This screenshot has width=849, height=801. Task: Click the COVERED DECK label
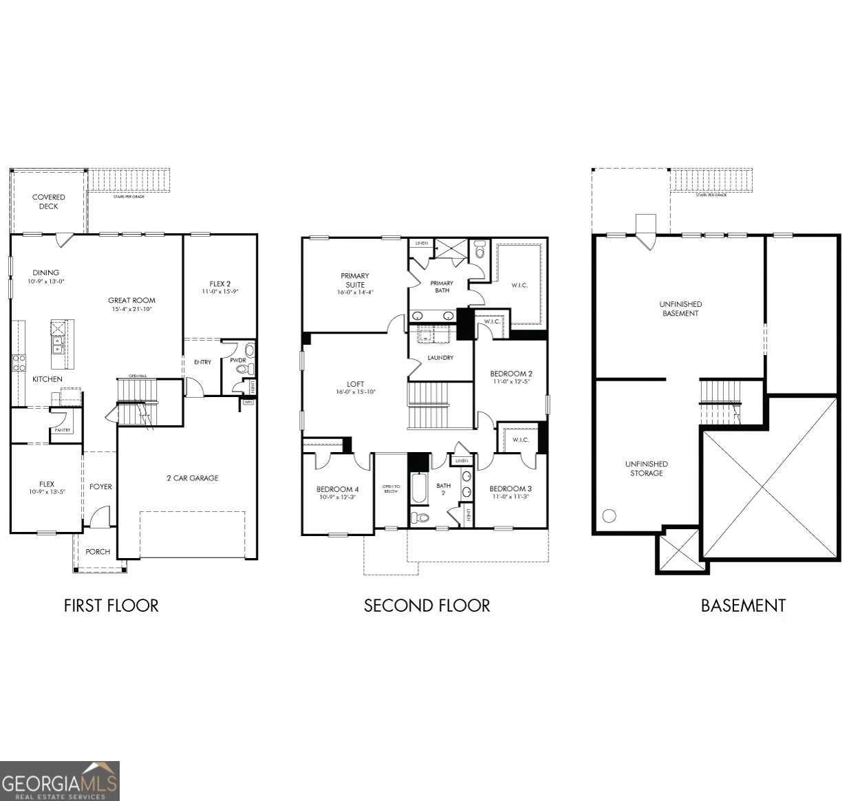[x=48, y=202]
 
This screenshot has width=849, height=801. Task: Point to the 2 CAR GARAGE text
[x=192, y=478]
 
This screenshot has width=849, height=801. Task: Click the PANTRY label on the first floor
[x=63, y=430]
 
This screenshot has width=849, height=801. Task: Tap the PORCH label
[x=98, y=551]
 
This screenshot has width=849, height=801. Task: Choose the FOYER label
[x=100, y=487]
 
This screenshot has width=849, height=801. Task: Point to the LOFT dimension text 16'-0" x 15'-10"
[x=355, y=392]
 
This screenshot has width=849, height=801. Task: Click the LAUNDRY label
[x=440, y=358]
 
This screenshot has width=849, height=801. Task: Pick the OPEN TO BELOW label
[x=391, y=489]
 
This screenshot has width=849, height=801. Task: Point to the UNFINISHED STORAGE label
[x=646, y=469]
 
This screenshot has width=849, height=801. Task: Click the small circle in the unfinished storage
[x=609, y=515]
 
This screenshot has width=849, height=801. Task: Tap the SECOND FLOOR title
[x=427, y=606]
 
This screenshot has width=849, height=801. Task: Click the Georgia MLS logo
[x=60, y=781]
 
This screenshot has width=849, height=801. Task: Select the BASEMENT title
[x=742, y=606]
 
